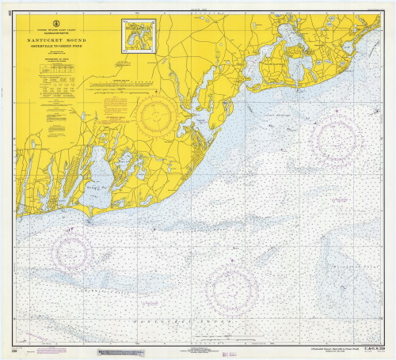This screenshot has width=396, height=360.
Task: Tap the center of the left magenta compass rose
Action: pyautogui.click(x=72, y=252)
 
